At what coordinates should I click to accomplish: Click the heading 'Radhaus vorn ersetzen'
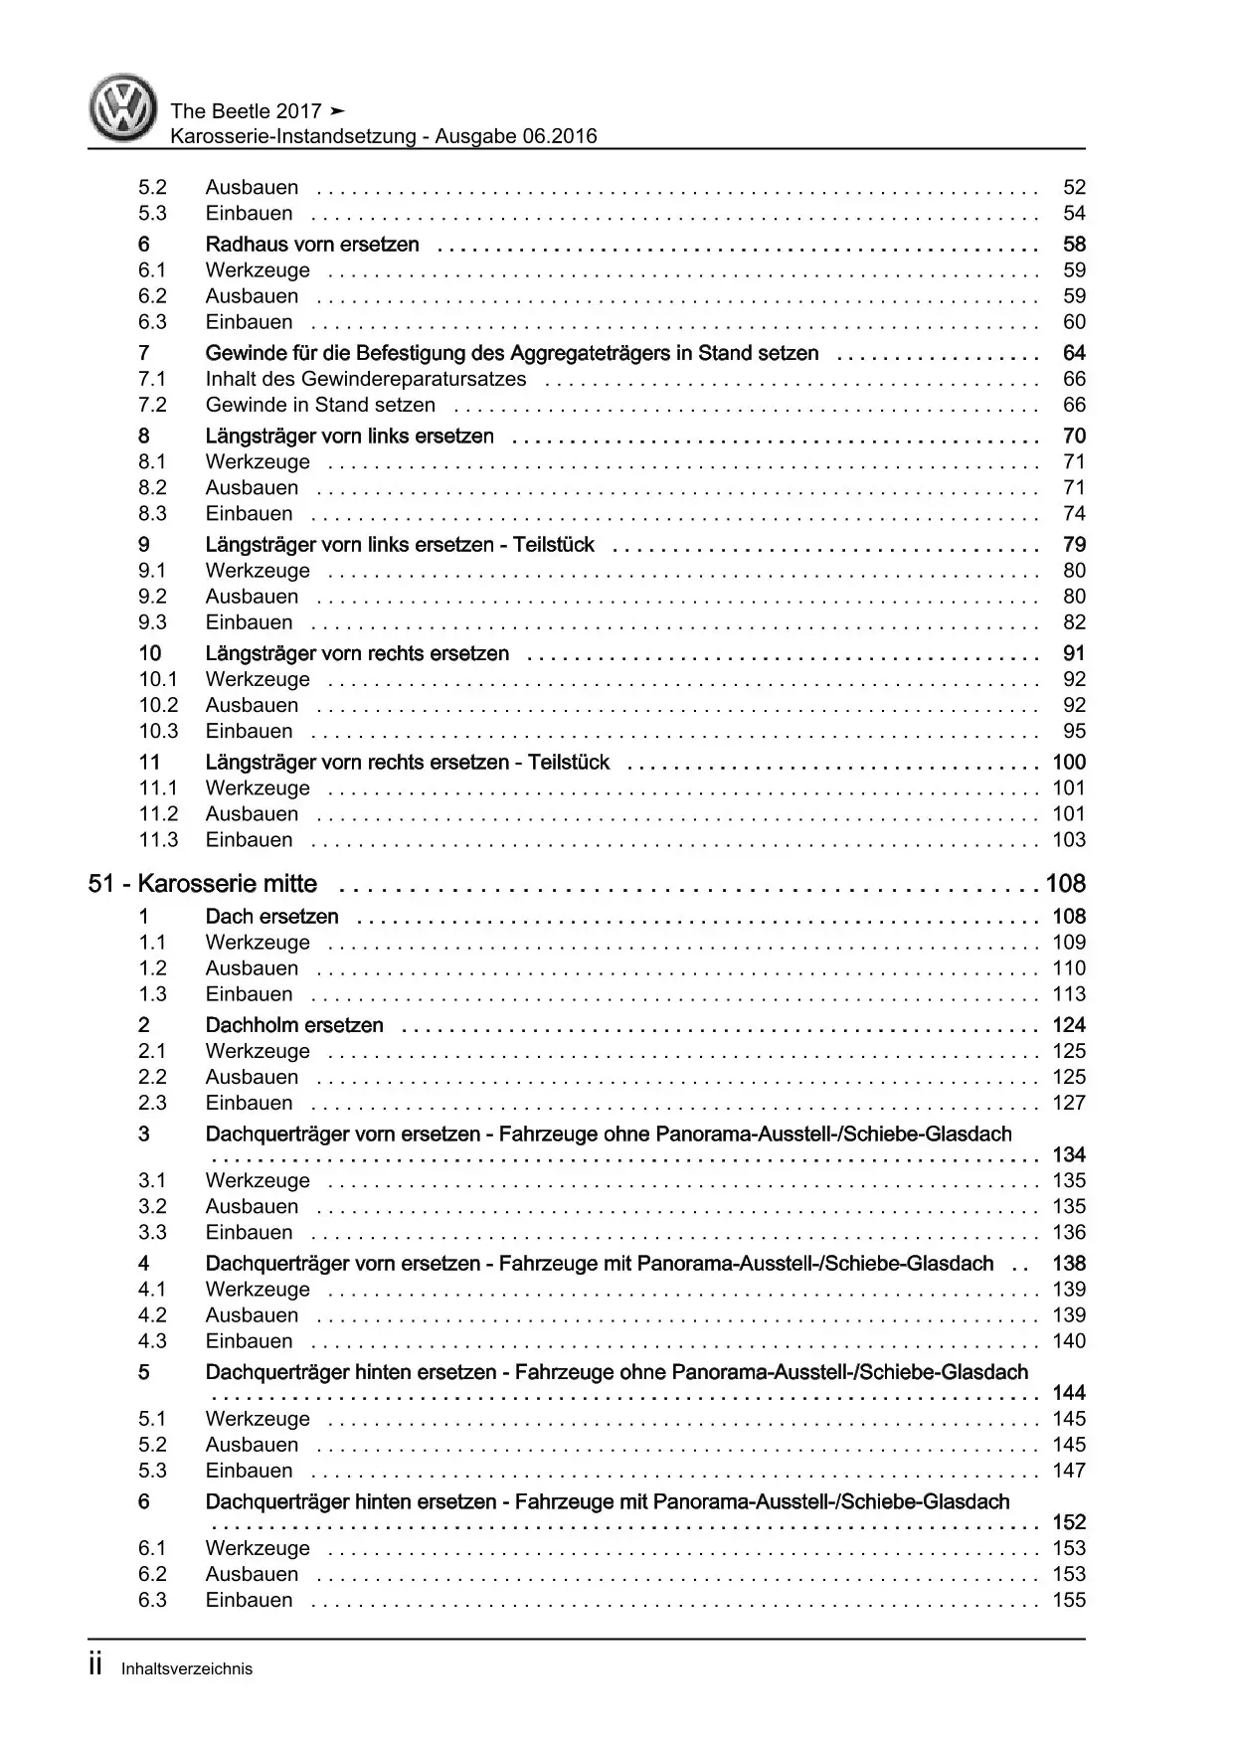(x=312, y=245)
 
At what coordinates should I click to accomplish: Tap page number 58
(x=1074, y=245)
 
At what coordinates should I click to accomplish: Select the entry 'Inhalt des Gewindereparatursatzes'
(x=366, y=379)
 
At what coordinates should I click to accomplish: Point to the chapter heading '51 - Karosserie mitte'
(x=203, y=884)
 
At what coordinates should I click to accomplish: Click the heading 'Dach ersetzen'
(x=271, y=917)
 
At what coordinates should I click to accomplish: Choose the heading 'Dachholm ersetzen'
(x=294, y=1025)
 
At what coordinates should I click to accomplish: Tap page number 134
(x=1069, y=1155)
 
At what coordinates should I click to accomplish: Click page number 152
(x=1069, y=1522)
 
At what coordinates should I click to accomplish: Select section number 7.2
(x=152, y=405)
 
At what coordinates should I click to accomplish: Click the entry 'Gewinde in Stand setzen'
(x=320, y=405)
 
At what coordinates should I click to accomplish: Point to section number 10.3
(x=158, y=731)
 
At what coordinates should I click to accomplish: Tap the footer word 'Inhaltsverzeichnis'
(x=187, y=1669)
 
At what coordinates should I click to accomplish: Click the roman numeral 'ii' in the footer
(x=95, y=1666)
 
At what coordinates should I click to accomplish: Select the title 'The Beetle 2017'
(x=246, y=111)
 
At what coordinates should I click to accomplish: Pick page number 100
(x=1069, y=763)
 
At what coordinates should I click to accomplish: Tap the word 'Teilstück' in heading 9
(x=554, y=545)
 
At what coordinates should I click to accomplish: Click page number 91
(x=1074, y=653)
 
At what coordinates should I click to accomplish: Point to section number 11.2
(x=158, y=814)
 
